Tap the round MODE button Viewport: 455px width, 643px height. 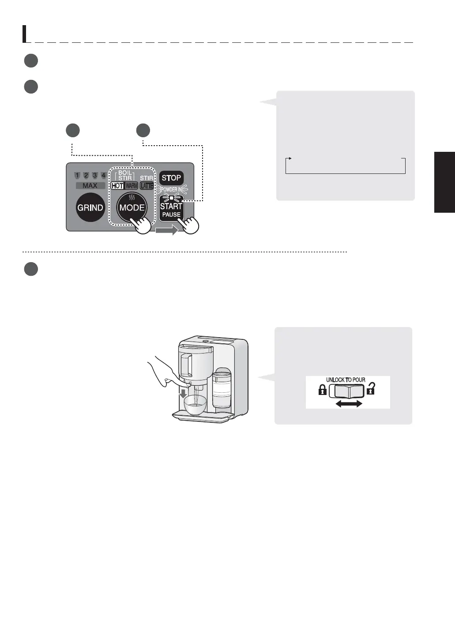[132, 207]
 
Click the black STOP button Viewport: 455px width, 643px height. [171, 178]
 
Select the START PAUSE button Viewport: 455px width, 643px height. [171, 209]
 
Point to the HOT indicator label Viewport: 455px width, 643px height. [117, 186]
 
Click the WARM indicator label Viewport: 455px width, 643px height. [131, 186]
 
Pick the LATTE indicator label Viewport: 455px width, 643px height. [147, 186]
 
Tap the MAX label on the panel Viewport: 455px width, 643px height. [90, 186]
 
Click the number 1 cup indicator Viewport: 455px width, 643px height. [77, 176]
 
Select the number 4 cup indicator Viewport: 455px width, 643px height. [103, 176]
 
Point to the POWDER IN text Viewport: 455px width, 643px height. [171, 189]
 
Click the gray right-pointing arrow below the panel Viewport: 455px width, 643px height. [166, 230]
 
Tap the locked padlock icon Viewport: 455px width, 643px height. [323, 390]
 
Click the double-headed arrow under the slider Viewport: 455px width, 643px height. [349, 404]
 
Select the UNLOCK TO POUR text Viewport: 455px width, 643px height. [346, 380]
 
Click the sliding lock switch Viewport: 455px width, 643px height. [347, 391]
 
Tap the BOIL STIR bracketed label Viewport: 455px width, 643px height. [125, 175]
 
